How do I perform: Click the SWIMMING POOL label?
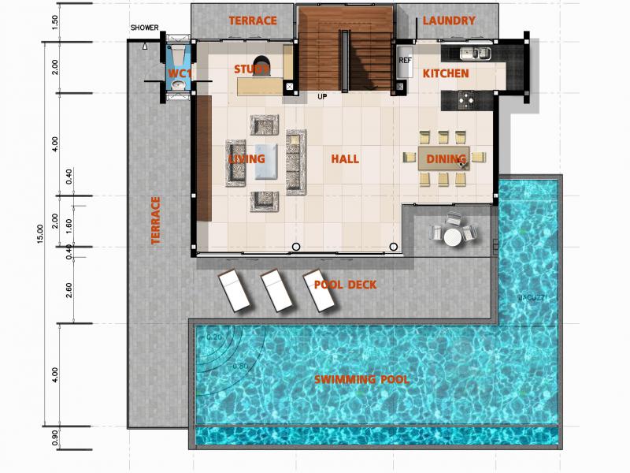tap(361, 380)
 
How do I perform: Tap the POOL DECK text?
tap(345, 285)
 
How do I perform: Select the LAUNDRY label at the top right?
tap(448, 20)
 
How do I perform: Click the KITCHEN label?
tap(446, 73)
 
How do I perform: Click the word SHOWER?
tap(146, 28)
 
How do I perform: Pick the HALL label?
tap(345, 159)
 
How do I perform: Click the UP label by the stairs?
tap(322, 97)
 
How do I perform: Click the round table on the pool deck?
tap(452, 236)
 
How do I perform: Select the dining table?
tap(442, 158)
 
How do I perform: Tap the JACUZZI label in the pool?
tap(532, 297)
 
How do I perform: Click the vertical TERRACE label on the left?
tap(155, 220)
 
